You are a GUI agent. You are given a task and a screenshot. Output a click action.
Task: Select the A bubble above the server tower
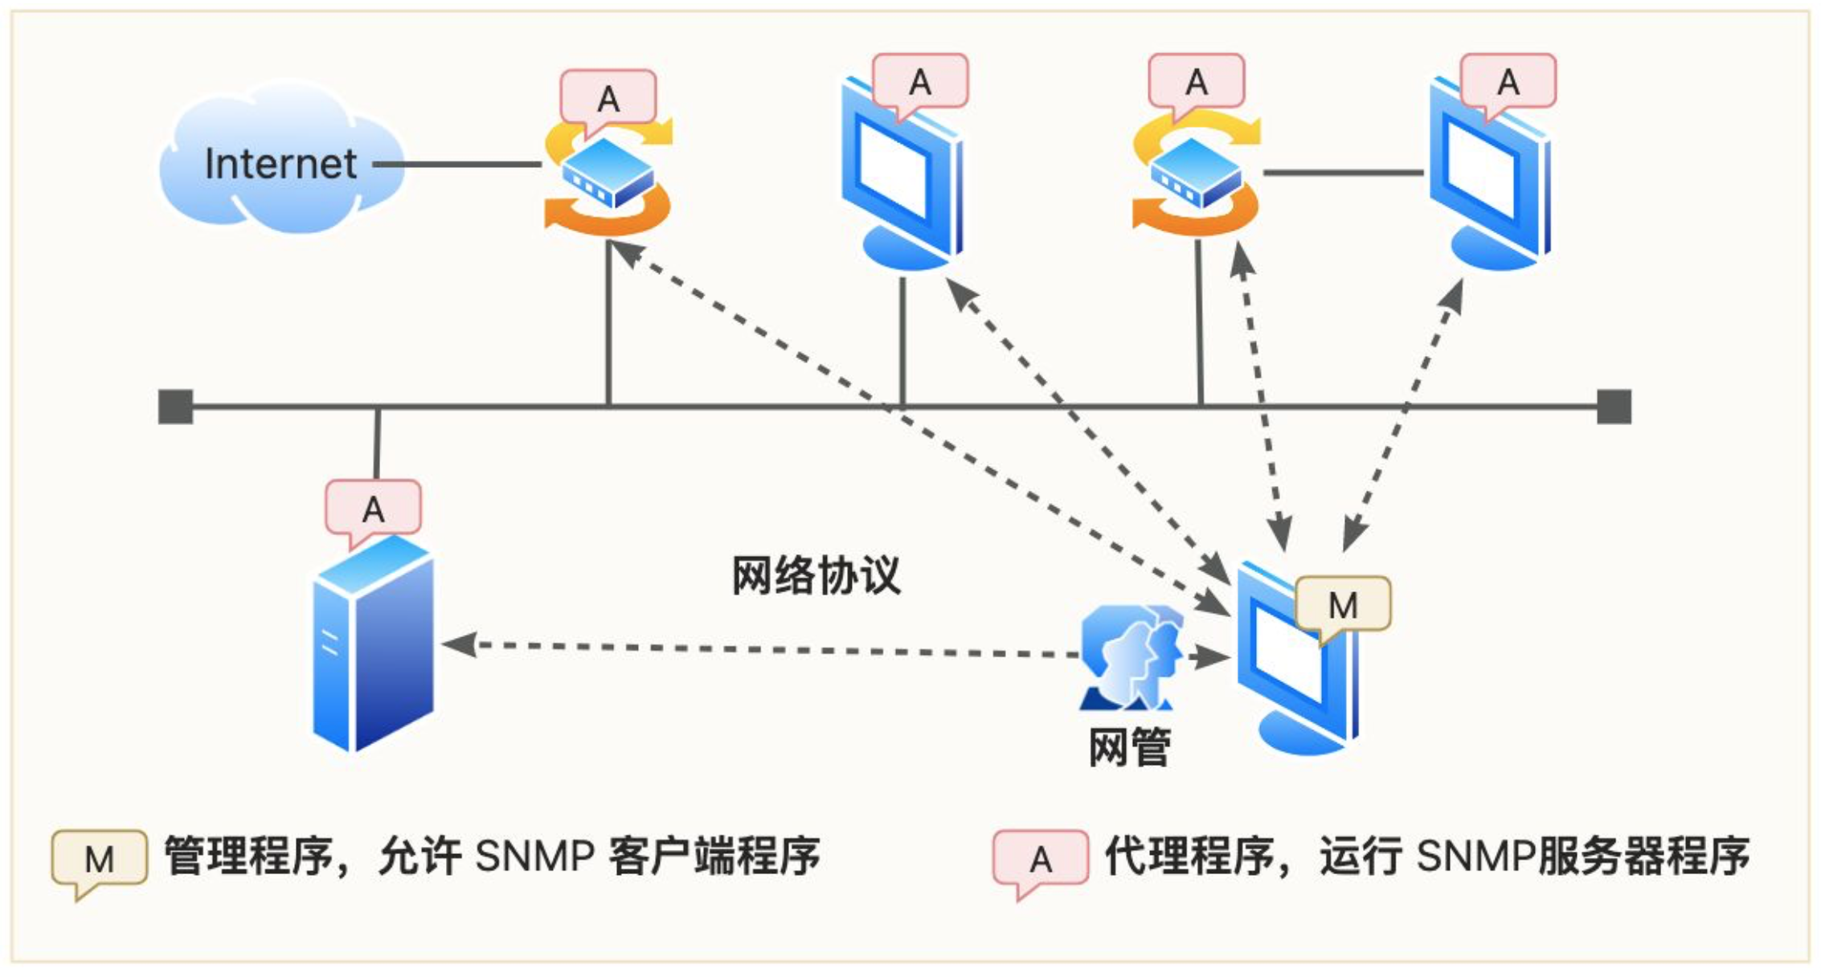[373, 509]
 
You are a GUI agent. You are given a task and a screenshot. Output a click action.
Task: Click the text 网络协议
[816, 575]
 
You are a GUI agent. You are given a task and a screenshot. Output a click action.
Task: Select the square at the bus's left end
[175, 407]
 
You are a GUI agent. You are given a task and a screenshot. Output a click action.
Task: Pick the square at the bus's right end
[1614, 407]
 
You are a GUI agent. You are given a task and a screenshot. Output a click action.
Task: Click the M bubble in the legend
[100, 860]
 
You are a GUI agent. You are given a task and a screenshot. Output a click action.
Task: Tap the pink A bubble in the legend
[1041, 860]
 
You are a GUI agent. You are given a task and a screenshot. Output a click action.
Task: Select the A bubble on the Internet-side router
[608, 98]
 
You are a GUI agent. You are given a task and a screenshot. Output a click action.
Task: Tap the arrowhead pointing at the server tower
[458, 644]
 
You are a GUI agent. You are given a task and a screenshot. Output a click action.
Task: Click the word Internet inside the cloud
[280, 164]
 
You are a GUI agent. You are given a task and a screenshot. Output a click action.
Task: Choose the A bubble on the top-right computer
[1508, 81]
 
